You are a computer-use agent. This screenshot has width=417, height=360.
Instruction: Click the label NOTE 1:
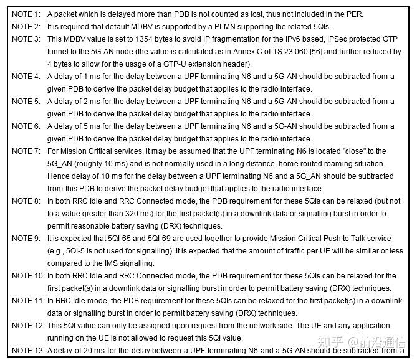[x=26, y=14]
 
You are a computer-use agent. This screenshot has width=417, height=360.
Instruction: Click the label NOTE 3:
[x=26, y=39]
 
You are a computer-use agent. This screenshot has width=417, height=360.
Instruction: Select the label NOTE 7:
[x=26, y=151]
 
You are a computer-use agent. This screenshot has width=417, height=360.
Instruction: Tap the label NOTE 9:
[x=26, y=238]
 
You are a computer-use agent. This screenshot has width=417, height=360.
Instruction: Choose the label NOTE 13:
[x=27, y=350]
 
